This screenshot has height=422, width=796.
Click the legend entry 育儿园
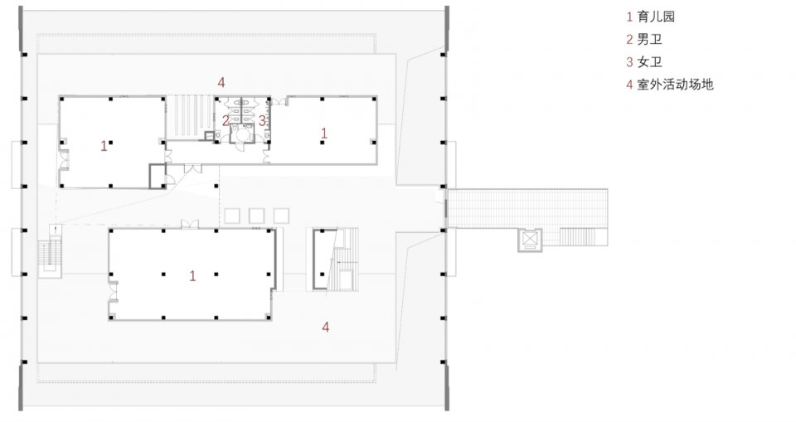click(650, 17)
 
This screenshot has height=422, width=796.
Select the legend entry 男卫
click(644, 39)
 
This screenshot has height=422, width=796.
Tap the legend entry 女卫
click(644, 62)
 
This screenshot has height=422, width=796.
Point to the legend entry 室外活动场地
click(670, 85)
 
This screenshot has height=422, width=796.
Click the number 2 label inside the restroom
click(226, 121)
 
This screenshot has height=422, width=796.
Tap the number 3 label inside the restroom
click(262, 121)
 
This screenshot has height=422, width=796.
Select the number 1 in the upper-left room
click(104, 146)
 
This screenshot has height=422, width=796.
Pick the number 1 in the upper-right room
click(324, 133)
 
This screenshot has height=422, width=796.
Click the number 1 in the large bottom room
click(192, 276)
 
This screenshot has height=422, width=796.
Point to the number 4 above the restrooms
click(221, 82)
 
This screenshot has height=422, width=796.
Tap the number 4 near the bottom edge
click(325, 327)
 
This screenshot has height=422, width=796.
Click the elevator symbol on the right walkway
click(530, 239)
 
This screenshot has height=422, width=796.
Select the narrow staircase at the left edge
click(49, 253)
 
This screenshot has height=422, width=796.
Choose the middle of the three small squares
click(257, 216)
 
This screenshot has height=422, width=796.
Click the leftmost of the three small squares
click(232, 216)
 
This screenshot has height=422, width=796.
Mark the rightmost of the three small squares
click(281, 216)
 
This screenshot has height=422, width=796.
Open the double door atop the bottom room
click(190, 224)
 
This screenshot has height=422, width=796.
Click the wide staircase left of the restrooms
click(189, 117)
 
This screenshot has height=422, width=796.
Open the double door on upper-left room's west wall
click(64, 162)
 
